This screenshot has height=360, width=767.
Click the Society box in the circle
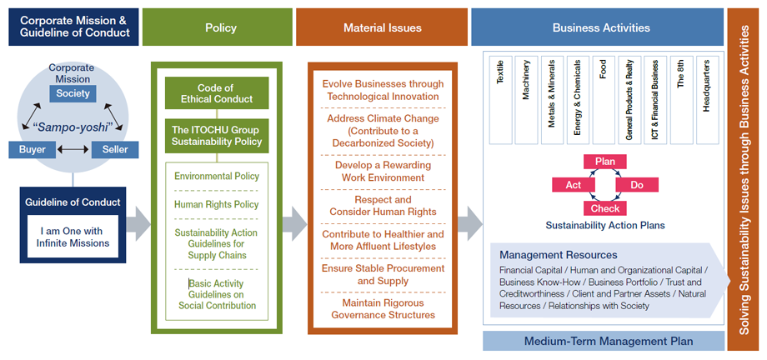[73, 93]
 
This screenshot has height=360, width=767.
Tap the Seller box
[115, 149]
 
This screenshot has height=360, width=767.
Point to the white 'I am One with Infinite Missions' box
[73, 237]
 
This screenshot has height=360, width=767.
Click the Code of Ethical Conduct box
[217, 93]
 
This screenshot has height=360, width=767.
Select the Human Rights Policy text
[217, 204]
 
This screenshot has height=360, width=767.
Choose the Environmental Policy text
[217, 176]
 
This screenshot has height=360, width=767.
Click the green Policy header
[218, 27]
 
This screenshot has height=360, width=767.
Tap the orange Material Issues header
[382, 27]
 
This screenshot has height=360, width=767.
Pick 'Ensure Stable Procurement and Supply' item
[383, 274]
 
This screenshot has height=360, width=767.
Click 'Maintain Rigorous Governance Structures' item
[383, 308]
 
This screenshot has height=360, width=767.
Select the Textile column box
[500, 100]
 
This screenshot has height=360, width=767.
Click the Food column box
[604, 100]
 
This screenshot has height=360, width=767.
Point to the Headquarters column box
[707, 100]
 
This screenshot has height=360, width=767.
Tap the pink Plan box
[605, 162]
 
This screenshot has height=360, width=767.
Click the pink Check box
[605, 208]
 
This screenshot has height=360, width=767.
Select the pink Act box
[574, 185]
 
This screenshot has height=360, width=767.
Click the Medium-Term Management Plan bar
[604, 341]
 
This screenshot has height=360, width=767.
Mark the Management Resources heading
[558, 255]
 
